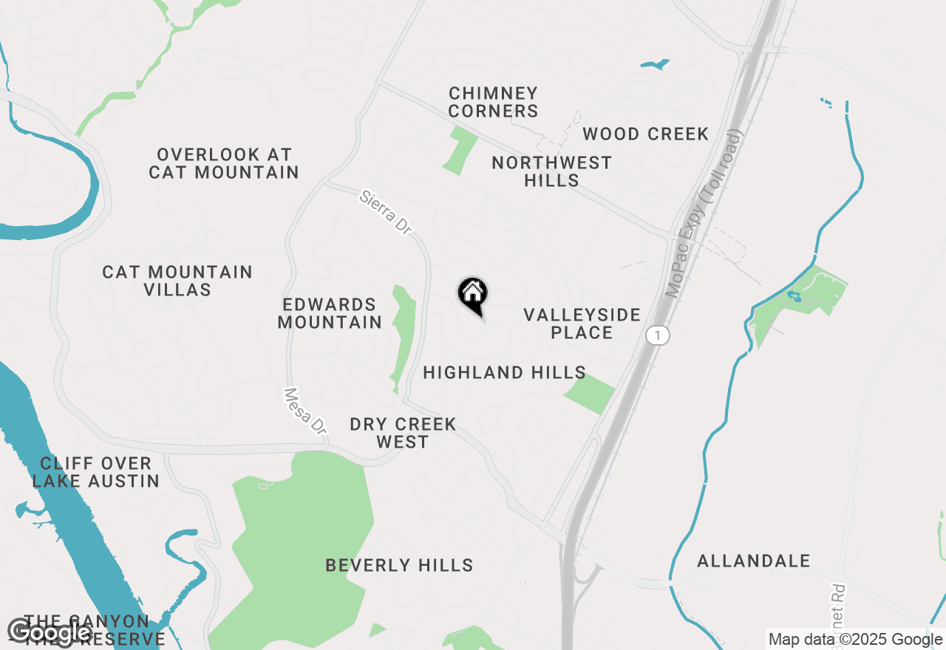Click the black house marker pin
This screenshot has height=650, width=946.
[473, 295]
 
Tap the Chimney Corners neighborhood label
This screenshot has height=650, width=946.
[493, 103]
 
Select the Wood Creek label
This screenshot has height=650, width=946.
[645, 134]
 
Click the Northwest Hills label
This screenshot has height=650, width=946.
[551, 171]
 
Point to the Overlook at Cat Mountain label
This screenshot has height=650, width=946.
[224, 164]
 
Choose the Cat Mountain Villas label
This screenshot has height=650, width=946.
[177, 281]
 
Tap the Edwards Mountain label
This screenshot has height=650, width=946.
[330, 314]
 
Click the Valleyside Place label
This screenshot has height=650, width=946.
[582, 324]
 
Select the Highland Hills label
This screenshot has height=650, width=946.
[504, 373]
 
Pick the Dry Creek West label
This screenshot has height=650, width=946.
[403, 434]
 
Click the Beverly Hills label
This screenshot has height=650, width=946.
[399, 566]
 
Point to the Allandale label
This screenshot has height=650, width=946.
[753, 561]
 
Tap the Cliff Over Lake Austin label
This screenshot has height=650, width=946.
[96, 473]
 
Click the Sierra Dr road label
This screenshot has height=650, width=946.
[385, 213]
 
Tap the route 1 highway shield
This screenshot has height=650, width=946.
[657, 335]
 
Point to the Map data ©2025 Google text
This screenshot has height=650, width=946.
[855, 640]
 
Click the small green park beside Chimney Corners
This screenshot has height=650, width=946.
[460, 150]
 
